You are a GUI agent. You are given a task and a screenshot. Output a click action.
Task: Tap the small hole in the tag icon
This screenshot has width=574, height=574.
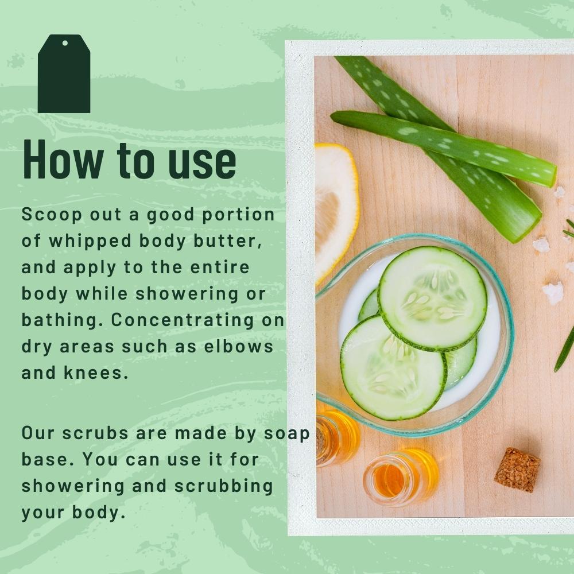pos(65,43)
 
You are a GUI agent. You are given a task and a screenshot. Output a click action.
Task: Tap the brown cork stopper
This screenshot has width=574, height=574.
pos(517,470)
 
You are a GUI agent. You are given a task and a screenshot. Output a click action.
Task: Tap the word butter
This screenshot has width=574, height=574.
pos(232,241)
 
